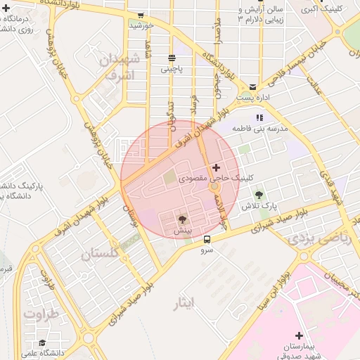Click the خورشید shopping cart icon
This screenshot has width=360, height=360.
point(141,15)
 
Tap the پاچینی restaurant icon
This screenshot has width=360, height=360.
point(172,58)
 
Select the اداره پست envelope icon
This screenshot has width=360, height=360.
point(252,86)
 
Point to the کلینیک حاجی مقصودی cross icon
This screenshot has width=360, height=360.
point(216,167)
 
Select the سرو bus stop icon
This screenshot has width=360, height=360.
point(206,239)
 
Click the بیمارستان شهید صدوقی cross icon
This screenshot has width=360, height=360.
point(300,336)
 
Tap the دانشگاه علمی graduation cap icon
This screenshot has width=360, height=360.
point(42,343)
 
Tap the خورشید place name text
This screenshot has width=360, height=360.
point(141,25)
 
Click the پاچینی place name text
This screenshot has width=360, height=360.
point(172,68)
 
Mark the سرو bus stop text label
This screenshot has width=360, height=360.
point(206,250)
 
